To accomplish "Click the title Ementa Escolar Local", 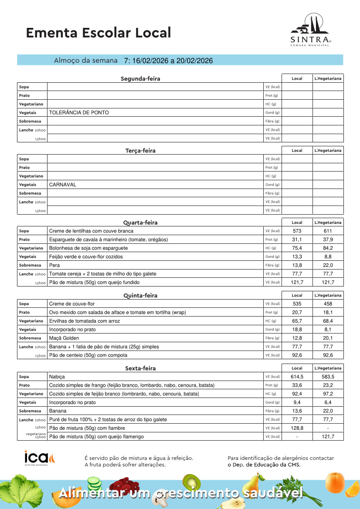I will [98, 33].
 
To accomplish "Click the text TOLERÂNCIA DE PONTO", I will [79, 112].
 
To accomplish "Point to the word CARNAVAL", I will [62, 185].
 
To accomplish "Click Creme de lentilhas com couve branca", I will [91, 231].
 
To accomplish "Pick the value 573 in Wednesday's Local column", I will [297, 231].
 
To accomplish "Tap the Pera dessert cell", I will [54, 265].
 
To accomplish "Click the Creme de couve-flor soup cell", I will [71, 303].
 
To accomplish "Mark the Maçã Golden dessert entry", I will [64, 338].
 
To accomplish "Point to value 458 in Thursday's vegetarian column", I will [328, 303].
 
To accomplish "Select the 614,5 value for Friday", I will [297, 376].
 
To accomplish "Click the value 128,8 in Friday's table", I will [297, 428].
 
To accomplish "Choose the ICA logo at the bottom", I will [40, 458].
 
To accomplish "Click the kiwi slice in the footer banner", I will [191, 482].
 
